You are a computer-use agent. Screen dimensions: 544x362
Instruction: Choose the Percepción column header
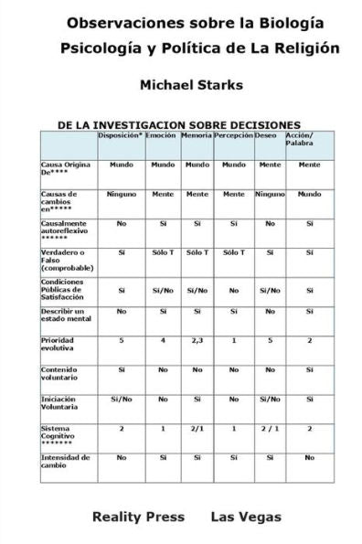pyautogui.click(x=233, y=136)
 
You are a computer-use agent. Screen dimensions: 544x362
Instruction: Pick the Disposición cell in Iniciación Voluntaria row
pyautogui.click(x=121, y=399)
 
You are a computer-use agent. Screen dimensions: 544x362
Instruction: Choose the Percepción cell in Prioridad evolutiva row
pyautogui.click(x=233, y=340)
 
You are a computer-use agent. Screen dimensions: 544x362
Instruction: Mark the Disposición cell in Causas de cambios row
pyautogui.click(x=121, y=194)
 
